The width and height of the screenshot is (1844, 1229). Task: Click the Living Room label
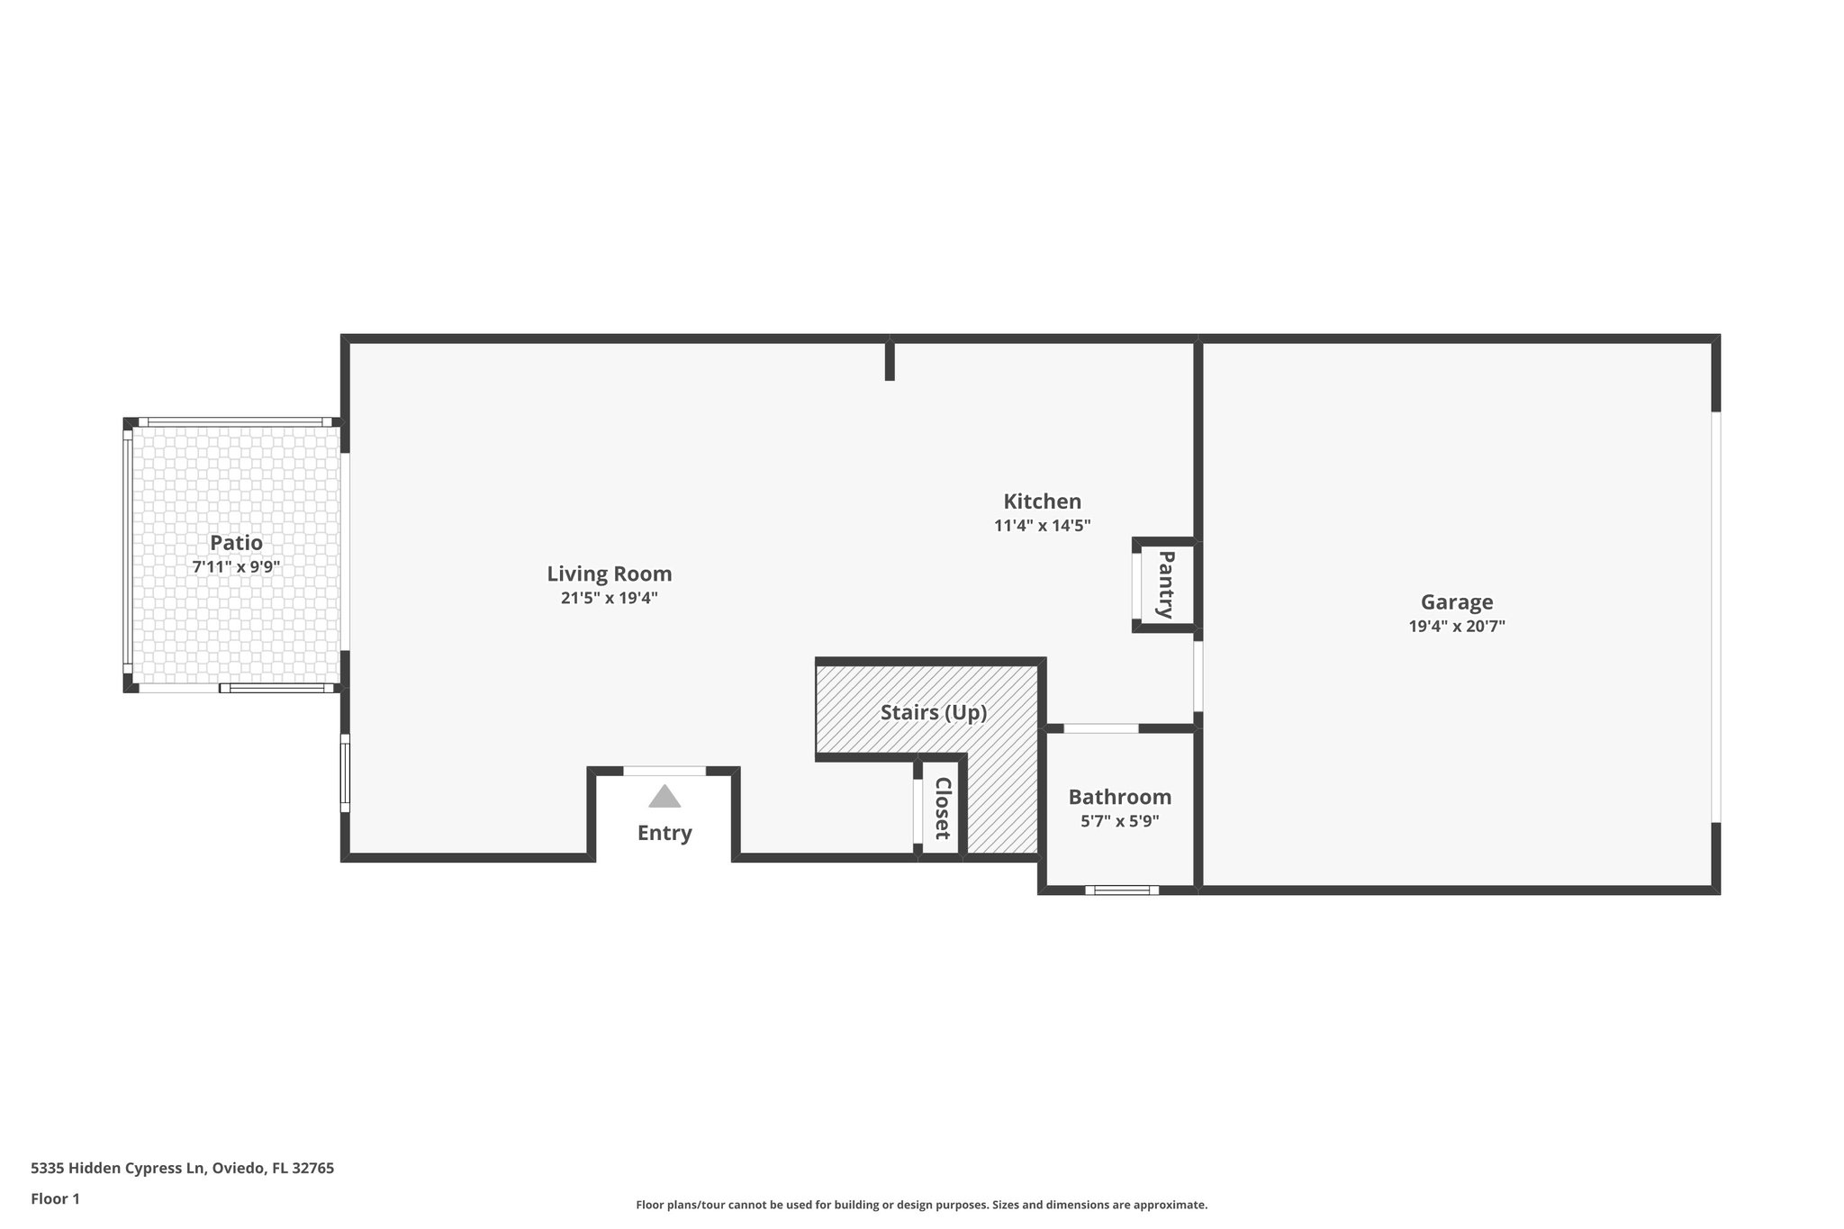pos(610,574)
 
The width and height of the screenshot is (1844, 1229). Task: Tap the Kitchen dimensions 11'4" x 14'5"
pos(1042,526)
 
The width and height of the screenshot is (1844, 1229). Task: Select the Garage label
pos(1456,602)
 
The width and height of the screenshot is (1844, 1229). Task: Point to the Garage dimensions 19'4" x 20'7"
pos(1456,627)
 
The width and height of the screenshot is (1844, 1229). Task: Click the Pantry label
pos(1166,584)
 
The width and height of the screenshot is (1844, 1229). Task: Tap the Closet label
pos(943,808)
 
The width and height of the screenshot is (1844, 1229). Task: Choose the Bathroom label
pos(1119,797)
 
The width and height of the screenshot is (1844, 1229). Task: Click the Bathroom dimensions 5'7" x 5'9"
pos(1119,821)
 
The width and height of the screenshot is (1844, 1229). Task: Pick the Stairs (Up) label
pos(934,713)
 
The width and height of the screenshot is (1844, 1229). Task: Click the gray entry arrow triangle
pos(664,797)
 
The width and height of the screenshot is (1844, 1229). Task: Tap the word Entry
pos(664,833)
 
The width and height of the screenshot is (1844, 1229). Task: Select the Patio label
pos(236,543)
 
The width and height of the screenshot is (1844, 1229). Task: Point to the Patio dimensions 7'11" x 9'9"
pos(236,567)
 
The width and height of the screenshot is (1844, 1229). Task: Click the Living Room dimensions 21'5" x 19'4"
pos(610,598)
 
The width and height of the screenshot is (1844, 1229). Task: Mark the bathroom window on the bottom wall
pos(1121,890)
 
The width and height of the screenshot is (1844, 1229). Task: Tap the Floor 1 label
pos(55,1198)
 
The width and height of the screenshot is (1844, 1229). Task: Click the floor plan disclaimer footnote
pos(921,1205)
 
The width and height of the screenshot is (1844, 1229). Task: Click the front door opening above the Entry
pos(664,771)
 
